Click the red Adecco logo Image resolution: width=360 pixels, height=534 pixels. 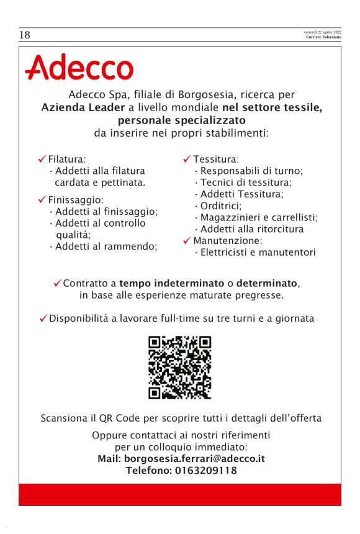79,68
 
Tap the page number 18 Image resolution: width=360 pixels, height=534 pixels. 25,35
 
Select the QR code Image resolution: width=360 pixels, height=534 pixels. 180,368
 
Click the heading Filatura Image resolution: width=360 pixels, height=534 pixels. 66,159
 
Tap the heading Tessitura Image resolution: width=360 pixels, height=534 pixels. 215,159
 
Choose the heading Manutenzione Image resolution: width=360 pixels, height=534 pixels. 227,240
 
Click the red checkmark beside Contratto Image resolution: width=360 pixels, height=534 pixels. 57,283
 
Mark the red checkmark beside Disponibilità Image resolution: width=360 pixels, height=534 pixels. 43,319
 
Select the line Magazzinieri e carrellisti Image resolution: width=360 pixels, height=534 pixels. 259,217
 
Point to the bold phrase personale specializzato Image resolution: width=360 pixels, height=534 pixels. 182,119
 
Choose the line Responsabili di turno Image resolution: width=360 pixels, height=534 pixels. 251,171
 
